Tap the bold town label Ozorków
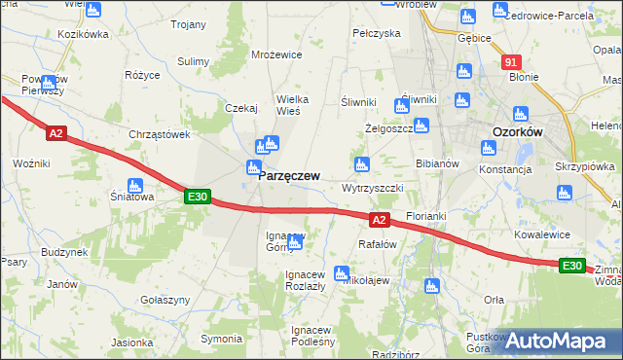[517, 132]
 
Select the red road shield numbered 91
[513, 62]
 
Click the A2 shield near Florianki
[380, 221]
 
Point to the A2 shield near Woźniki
[55, 133]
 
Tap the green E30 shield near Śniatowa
[198, 198]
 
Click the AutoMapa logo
[560, 341]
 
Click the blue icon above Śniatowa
[135, 185]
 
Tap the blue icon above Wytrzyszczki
[362, 163]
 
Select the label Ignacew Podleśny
[312, 336]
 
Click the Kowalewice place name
[540, 234]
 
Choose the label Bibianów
[437, 164]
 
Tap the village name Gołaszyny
[164, 301]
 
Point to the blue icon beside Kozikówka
[93, 11]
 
